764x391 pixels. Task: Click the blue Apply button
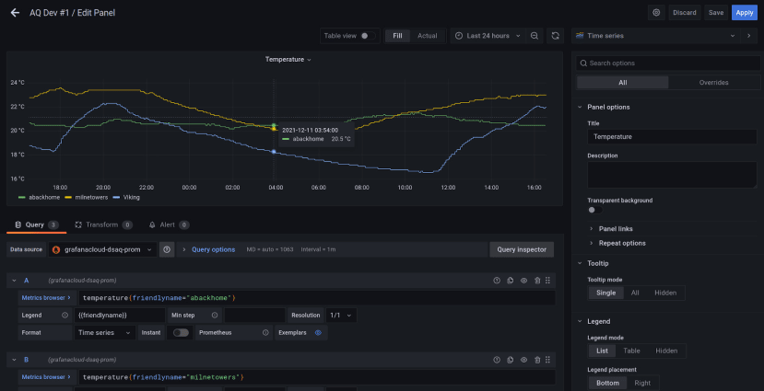[x=744, y=13]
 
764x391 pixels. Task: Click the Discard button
[x=685, y=13]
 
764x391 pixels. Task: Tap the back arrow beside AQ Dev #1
[x=15, y=13]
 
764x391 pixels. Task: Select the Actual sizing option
[x=428, y=36]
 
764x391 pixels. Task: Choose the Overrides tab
[x=713, y=82]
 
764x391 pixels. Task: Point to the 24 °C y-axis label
[x=18, y=82]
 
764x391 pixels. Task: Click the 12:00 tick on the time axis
[x=449, y=187]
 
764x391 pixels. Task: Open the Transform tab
[x=102, y=224]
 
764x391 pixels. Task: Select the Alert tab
[x=168, y=224]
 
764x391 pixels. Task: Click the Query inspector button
[x=521, y=249]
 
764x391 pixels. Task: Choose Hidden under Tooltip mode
[x=664, y=293]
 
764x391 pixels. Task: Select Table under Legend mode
[x=632, y=351]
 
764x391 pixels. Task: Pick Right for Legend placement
[x=642, y=383]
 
